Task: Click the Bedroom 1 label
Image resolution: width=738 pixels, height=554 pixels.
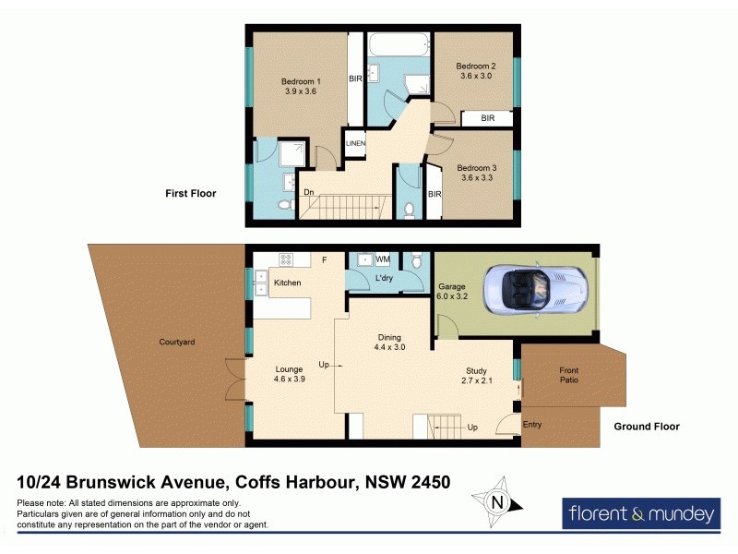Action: point(300,81)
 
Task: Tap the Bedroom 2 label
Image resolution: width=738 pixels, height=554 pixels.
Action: point(476,66)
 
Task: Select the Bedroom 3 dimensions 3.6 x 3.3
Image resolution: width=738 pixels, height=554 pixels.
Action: point(476,178)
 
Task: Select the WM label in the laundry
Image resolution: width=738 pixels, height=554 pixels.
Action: point(382,261)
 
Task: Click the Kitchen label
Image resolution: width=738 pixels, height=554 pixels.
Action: point(287,282)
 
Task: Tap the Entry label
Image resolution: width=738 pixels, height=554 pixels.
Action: point(532,424)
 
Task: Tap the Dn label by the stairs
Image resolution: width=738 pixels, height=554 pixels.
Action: point(310,192)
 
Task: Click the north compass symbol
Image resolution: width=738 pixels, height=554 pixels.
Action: point(498,502)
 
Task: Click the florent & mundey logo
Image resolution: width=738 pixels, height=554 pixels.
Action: point(640,512)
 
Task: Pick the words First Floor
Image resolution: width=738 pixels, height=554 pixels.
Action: point(190,193)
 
